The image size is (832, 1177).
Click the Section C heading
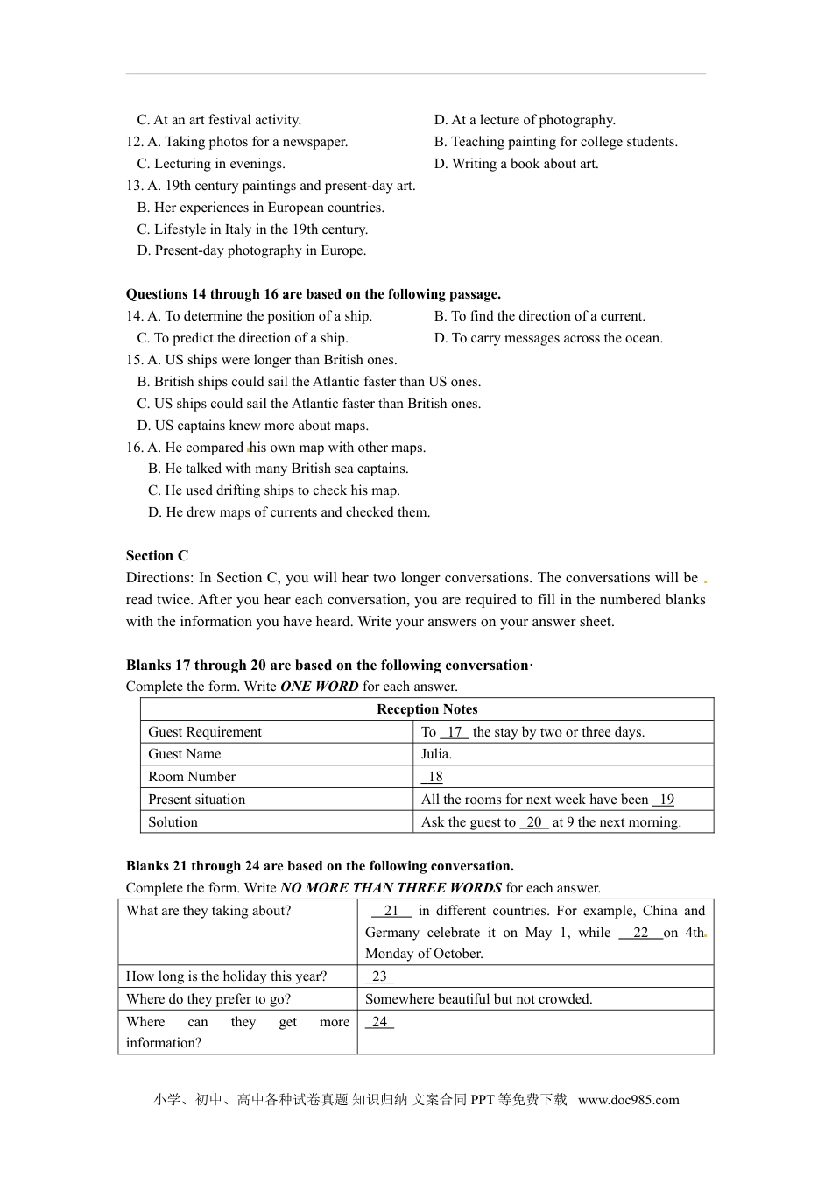point(157,556)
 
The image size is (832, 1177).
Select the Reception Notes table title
point(427,709)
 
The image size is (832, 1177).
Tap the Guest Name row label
point(184,754)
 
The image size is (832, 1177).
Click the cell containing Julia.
point(436,754)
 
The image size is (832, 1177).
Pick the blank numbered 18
point(433,777)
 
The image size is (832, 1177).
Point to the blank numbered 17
point(454,732)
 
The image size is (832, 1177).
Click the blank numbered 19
point(665,800)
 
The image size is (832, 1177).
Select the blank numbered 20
point(533,822)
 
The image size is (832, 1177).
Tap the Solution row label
point(173,822)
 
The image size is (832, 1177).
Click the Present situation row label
point(196,800)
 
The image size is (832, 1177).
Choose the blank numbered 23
point(379,976)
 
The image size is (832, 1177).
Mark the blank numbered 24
point(379,1022)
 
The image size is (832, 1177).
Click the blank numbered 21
point(391,911)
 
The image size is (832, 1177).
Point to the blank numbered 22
point(640,933)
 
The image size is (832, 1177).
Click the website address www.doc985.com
point(628,1100)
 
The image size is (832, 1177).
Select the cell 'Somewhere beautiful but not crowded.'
point(478,999)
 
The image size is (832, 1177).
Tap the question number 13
point(134,186)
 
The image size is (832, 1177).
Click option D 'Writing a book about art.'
point(516,164)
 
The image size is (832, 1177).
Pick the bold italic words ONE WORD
point(319,687)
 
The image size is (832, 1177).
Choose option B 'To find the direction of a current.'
point(539,316)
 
